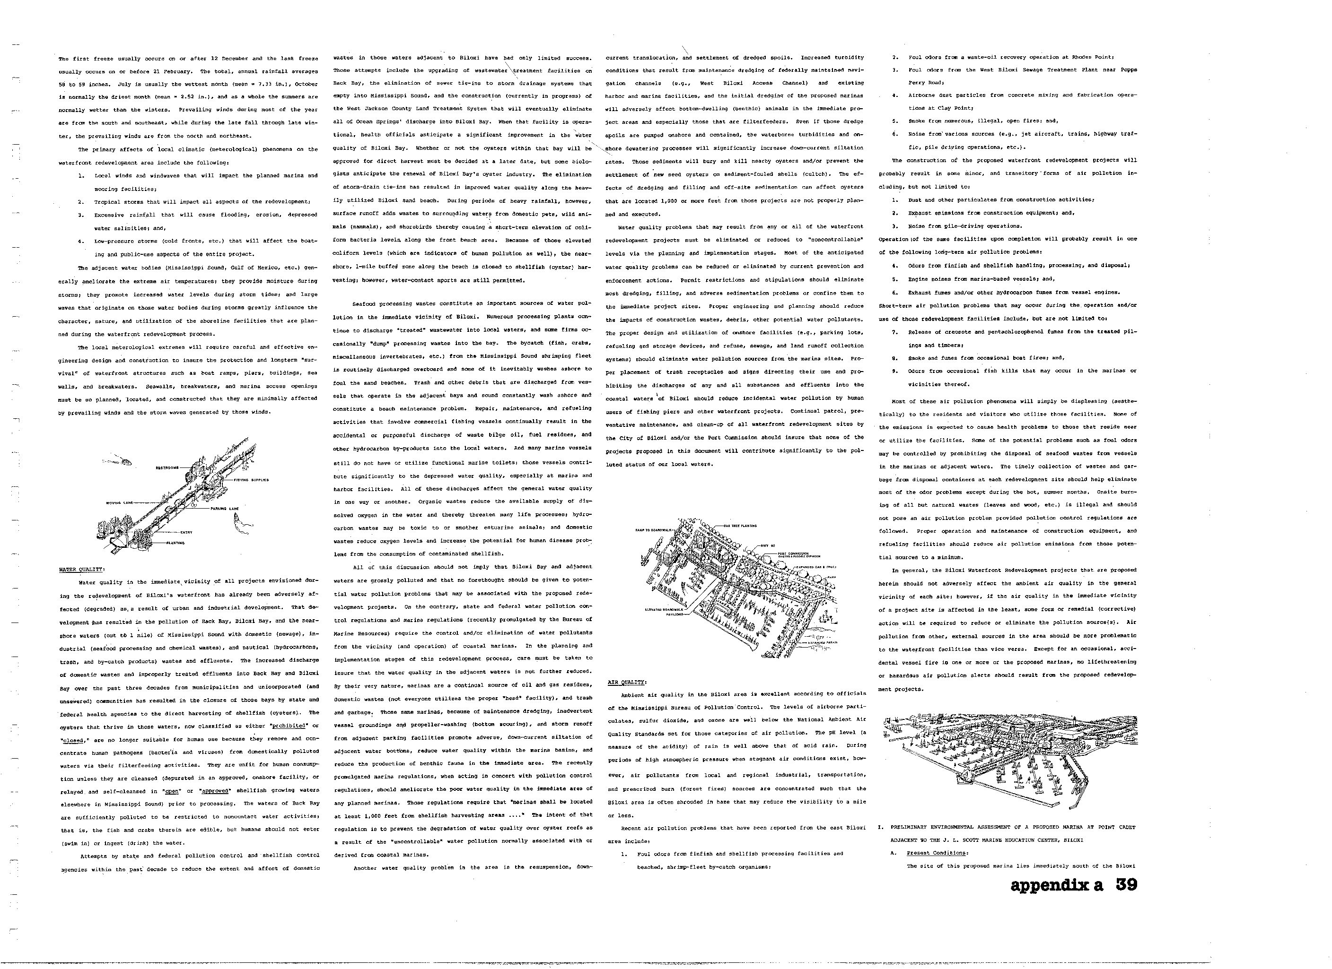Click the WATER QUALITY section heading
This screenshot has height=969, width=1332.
click(x=82, y=569)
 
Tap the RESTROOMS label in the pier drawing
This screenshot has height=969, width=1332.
click(x=167, y=468)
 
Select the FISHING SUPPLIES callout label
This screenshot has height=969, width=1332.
click(x=251, y=480)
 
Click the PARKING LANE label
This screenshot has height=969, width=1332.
click(x=225, y=508)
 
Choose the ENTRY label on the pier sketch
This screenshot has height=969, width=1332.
click(x=187, y=532)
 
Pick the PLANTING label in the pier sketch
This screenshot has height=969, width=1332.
click(x=175, y=543)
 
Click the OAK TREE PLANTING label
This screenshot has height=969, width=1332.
click(x=740, y=526)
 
